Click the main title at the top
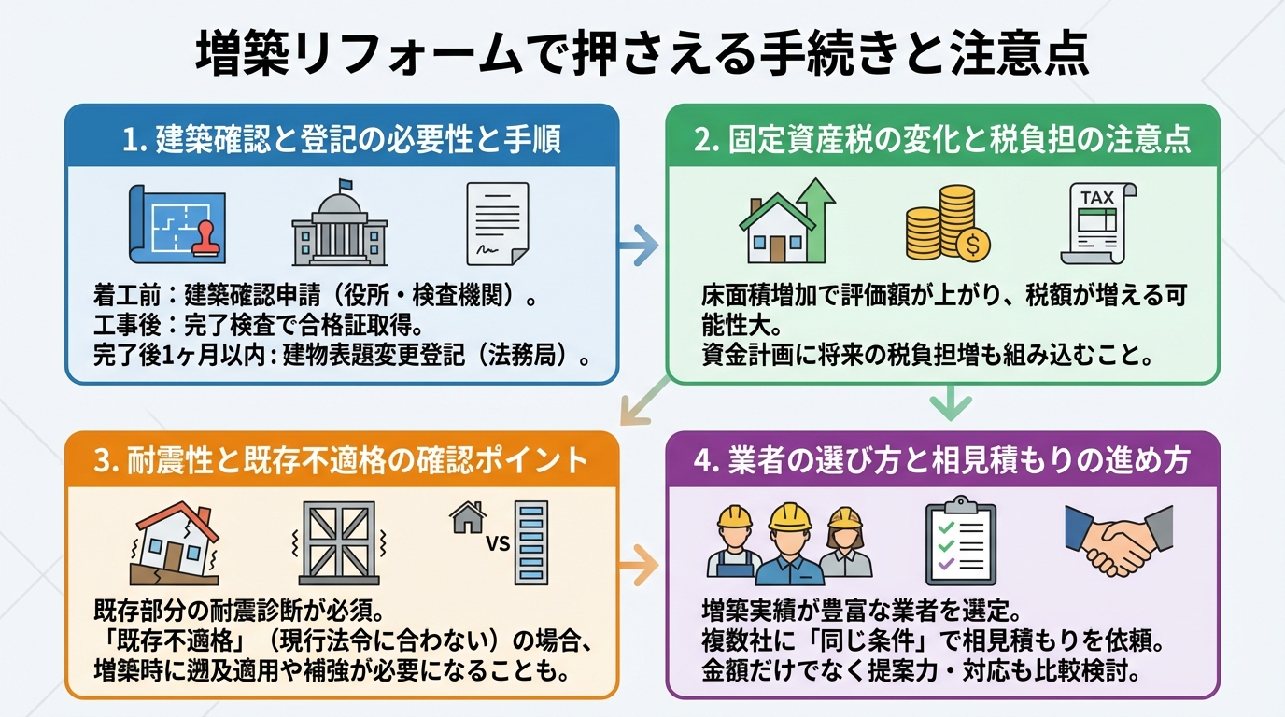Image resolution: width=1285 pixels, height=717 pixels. pyautogui.click(x=642, y=53)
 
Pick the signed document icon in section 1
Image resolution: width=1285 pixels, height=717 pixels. pyautogui.click(x=496, y=223)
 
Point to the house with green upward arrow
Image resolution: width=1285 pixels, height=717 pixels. pyautogui.click(x=786, y=220)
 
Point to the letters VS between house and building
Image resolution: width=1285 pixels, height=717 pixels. pyautogui.click(x=498, y=543)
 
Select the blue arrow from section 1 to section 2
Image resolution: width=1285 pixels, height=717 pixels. pyautogui.click(x=640, y=246)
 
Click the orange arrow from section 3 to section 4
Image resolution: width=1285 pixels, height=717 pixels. pyautogui.click(x=640, y=565)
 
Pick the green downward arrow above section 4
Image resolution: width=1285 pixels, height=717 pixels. pyautogui.click(x=951, y=404)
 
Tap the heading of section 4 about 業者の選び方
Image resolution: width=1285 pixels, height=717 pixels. pyautogui.click(x=944, y=460)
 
